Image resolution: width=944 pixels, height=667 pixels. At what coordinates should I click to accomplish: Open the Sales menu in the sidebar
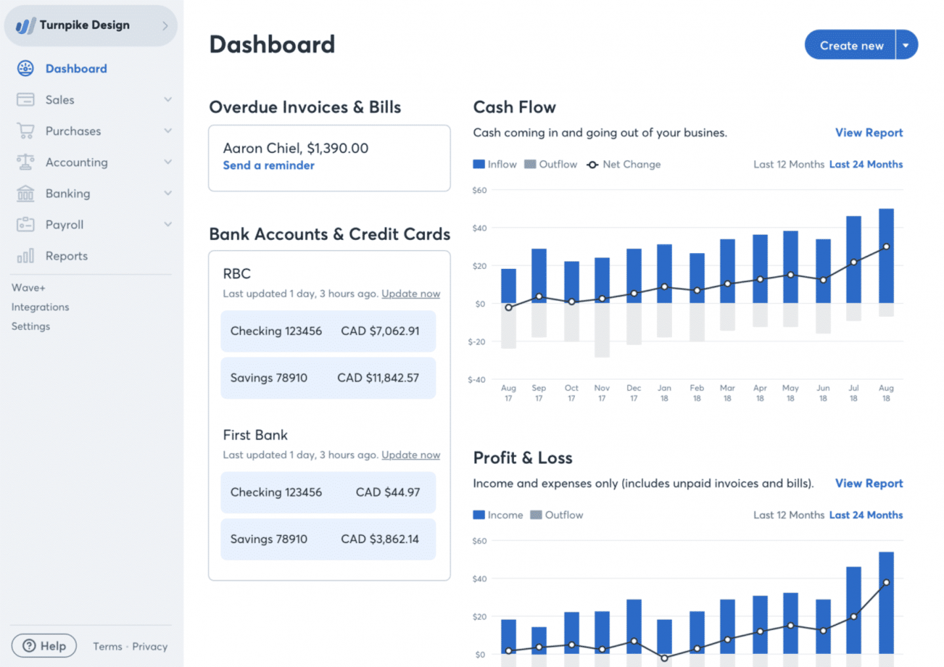click(60, 100)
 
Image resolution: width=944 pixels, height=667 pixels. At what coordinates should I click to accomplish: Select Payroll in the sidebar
click(64, 225)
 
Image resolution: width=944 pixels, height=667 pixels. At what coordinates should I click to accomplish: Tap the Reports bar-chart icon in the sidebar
click(26, 256)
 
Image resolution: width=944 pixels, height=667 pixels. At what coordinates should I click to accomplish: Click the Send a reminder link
click(269, 165)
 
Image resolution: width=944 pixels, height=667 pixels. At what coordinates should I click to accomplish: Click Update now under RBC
click(411, 293)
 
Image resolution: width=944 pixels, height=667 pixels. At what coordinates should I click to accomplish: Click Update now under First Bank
click(411, 455)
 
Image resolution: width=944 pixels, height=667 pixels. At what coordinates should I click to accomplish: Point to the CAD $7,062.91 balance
click(380, 331)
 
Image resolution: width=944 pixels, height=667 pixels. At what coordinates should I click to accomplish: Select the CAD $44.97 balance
click(387, 492)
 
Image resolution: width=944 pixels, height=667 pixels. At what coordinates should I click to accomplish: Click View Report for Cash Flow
click(869, 132)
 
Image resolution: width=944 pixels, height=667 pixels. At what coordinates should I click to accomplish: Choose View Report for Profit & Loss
click(869, 483)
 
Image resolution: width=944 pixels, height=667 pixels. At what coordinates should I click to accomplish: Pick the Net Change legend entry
click(623, 165)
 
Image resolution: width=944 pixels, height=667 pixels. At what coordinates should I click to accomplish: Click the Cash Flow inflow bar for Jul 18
click(854, 259)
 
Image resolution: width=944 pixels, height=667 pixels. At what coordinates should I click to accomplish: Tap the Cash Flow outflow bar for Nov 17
click(602, 330)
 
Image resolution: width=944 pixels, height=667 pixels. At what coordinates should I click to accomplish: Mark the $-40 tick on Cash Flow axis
click(477, 380)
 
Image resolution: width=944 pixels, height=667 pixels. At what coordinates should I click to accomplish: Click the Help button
click(44, 646)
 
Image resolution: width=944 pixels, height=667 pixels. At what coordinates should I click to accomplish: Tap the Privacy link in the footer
click(149, 647)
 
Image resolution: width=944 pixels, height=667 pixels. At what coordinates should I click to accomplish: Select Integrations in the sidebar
click(40, 307)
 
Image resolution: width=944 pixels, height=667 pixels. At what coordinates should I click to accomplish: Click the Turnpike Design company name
click(85, 26)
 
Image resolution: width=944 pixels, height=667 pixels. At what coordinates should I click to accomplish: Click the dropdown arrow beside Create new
click(906, 45)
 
